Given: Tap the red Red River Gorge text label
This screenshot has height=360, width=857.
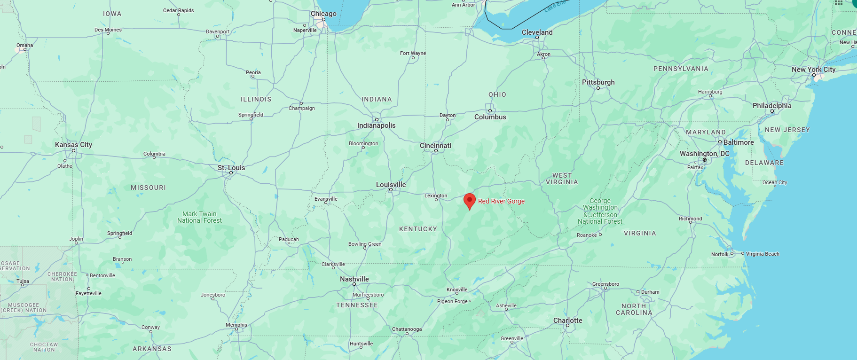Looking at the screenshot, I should pos(501,201).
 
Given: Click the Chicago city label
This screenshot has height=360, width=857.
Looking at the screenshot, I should pos(323,14).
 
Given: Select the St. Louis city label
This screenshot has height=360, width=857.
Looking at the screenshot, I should pos(231,168).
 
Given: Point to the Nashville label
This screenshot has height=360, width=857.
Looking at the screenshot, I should pos(354,279).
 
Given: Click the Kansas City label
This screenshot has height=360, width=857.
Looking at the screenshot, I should pos(73,145).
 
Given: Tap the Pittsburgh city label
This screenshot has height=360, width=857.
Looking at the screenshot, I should pos(598,82).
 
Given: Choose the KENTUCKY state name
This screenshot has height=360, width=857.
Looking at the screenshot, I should pos(418,229).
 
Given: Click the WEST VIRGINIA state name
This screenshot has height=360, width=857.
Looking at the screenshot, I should pos(562,179).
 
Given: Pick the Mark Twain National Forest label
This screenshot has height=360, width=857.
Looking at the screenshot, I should pos(199,217).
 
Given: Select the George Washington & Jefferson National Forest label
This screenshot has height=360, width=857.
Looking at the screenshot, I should pos(600,211).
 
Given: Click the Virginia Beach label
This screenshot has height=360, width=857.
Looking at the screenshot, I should pos(763,254).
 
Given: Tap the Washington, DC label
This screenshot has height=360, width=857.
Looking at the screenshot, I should pos(704,154).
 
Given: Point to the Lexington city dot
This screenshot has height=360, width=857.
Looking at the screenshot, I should pos(436,200).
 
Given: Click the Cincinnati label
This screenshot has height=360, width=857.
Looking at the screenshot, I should pos(435,146).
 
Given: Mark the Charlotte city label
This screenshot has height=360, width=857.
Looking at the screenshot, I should pos(567,321).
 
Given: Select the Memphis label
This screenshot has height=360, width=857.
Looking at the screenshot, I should pos(236,325).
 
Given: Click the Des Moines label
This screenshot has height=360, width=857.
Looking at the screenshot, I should pos(108,30).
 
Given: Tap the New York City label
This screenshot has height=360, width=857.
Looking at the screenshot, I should pos(813,70).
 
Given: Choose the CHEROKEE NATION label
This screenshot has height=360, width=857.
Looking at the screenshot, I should pos(62,276).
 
